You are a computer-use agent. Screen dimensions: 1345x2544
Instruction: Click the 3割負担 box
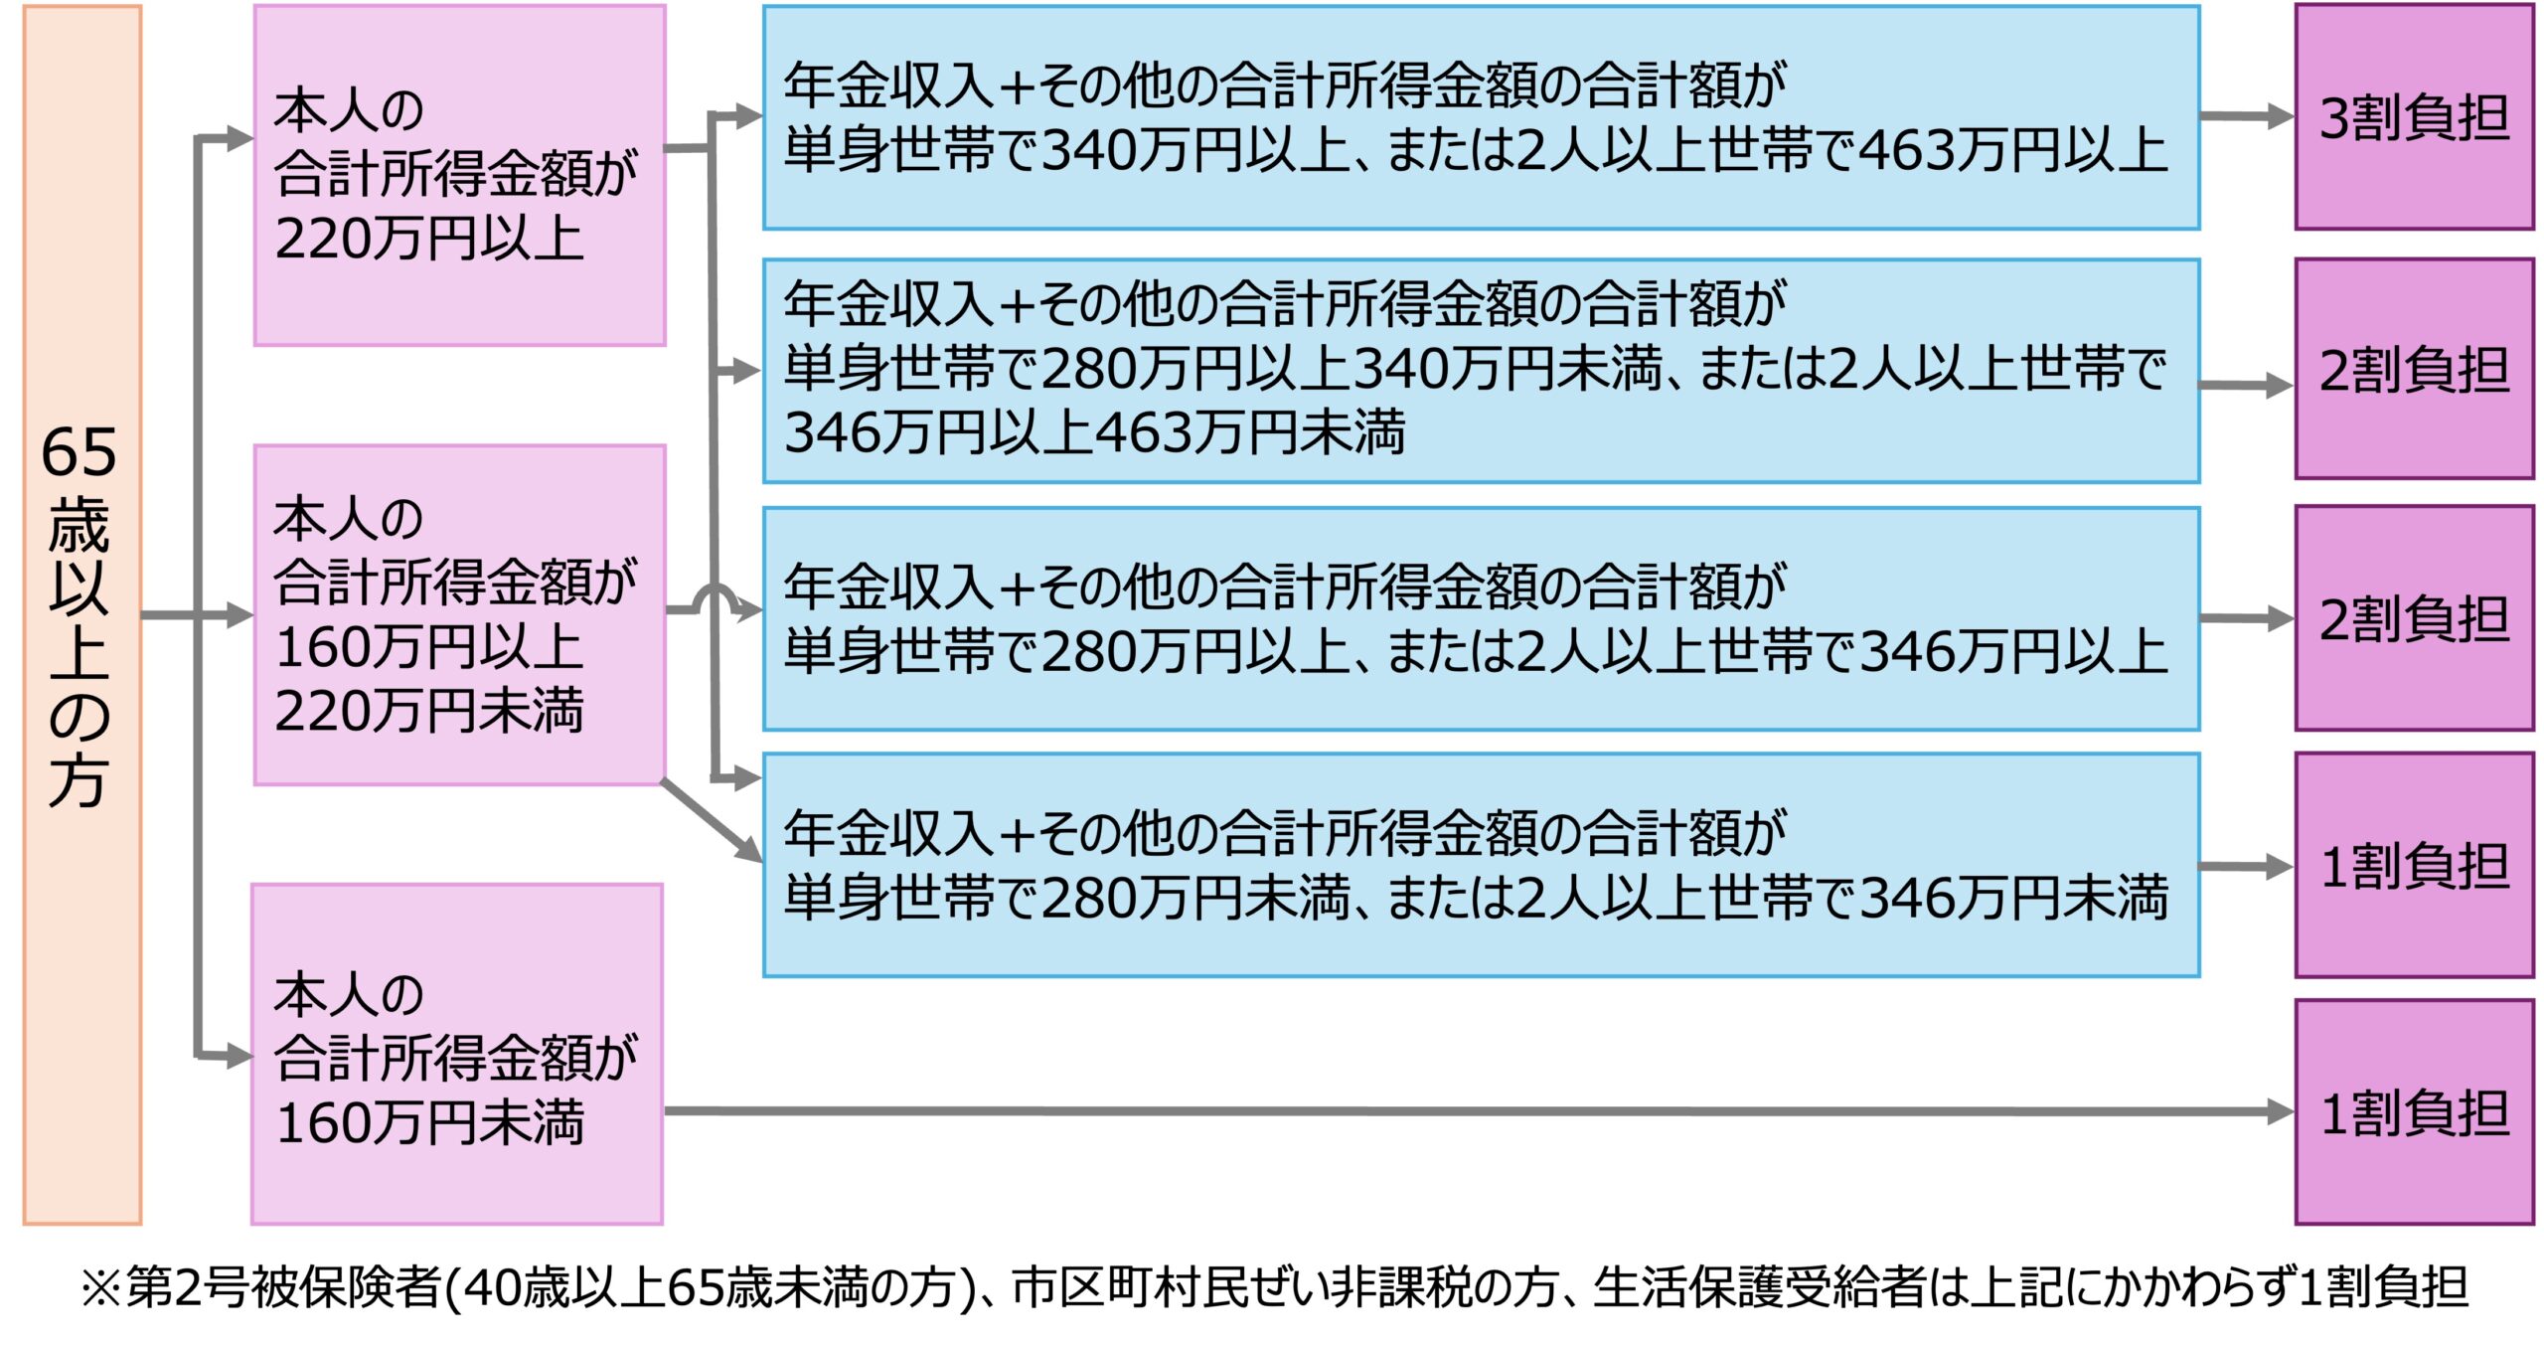coord(2413,117)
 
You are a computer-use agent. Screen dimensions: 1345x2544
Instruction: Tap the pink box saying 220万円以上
coord(459,176)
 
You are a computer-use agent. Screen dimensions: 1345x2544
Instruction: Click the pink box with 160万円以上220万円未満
coord(459,614)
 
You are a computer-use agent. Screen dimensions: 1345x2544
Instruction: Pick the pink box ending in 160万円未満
coord(457,1054)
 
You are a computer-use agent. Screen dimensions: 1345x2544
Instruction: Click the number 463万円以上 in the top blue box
coord(2011,151)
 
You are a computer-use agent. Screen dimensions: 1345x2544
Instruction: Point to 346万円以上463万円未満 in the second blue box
coord(1093,433)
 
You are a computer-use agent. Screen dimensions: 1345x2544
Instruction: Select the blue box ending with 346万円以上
coord(1481,618)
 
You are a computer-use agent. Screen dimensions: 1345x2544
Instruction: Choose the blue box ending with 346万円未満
coord(1481,865)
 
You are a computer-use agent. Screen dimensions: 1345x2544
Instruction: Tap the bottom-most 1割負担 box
coord(2413,1112)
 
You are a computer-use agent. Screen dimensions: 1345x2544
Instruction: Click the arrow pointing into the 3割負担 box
coord(2246,116)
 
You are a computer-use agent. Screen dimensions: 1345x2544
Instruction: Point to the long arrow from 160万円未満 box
coord(1471,1111)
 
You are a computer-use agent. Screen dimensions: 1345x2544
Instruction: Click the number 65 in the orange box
coord(79,452)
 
